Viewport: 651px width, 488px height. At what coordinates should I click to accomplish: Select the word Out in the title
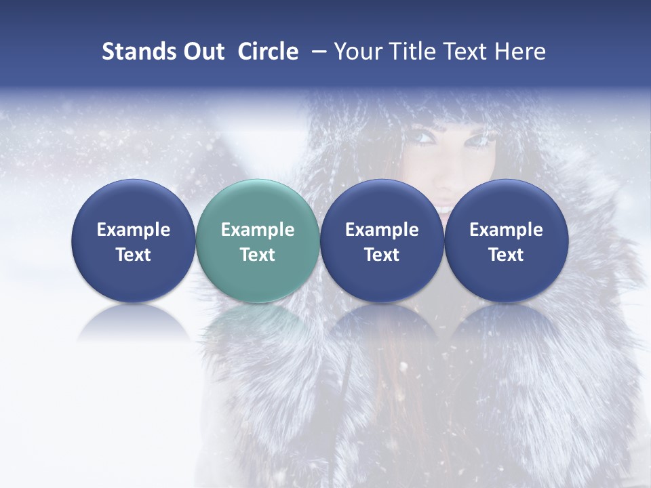coord(202,52)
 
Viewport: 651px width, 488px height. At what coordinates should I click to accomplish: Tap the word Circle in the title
coord(268,52)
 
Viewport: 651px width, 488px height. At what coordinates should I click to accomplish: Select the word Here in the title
coord(519,52)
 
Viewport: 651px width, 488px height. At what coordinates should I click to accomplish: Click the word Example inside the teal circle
coord(258,230)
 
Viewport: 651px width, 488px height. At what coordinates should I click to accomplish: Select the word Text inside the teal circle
coord(258,255)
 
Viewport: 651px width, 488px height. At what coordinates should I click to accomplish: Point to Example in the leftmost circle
coord(134,230)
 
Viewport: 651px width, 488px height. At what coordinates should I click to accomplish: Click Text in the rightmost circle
coord(507,255)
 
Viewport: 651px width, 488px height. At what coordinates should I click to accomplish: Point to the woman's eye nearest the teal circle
coord(425,138)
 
